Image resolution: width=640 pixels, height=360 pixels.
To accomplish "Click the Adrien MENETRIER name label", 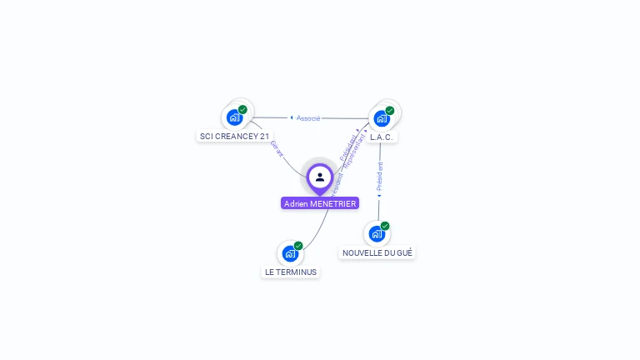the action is pyautogui.click(x=320, y=203).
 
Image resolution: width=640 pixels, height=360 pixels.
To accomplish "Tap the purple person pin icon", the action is pyautogui.click(x=320, y=177).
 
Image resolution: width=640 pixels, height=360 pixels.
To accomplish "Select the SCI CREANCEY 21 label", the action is pyautogui.click(x=235, y=136).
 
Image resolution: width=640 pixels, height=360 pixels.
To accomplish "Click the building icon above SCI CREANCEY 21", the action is pyautogui.click(x=234, y=117).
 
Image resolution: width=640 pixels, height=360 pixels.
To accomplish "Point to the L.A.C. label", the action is pyautogui.click(x=382, y=137).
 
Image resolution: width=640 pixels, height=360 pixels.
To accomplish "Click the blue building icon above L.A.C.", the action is pyautogui.click(x=382, y=118).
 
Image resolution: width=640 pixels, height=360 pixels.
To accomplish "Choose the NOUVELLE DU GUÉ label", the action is pyautogui.click(x=377, y=252).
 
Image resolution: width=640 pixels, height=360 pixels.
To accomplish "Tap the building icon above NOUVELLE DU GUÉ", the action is pyautogui.click(x=377, y=234).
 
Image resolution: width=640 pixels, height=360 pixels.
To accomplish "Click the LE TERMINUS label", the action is pyautogui.click(x=291, y=272).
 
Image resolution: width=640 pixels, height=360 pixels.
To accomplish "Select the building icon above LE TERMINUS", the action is pyautogui.click(x=290, y=253).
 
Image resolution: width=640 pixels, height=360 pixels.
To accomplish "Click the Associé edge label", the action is pyautogui.click(x=308, y=118).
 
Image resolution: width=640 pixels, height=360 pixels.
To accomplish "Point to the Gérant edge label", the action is pyautogui.click(x=277, y=149).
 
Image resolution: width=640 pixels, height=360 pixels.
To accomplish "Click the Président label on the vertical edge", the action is pyautogui.click(x=380, y=177).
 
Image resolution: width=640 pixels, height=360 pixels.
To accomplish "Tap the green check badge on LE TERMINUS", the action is pyautogui.click(x=298, y=246).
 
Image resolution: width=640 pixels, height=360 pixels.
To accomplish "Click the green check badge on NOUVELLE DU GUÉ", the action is pyautogui.click(x=385, y=226).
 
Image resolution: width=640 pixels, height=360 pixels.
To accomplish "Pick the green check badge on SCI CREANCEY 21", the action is pyautogui.click(x=242, y=109).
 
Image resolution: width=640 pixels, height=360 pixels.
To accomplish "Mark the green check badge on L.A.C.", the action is pyautogui.click(x=390, y=110).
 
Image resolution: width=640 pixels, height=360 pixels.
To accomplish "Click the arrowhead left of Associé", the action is pyautogui.click(x=292, y=118).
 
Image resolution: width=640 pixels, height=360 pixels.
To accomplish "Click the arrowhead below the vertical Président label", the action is pyautogui.click(x=379, y=197).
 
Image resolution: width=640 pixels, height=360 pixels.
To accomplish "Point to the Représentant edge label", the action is pyautogui.click(x=355, y=153).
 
